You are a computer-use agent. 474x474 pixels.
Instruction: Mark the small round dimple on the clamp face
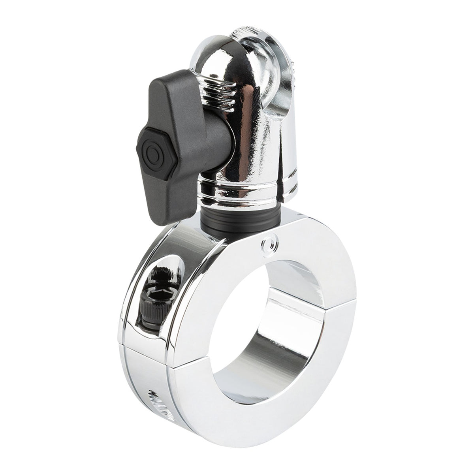click(269, 246)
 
